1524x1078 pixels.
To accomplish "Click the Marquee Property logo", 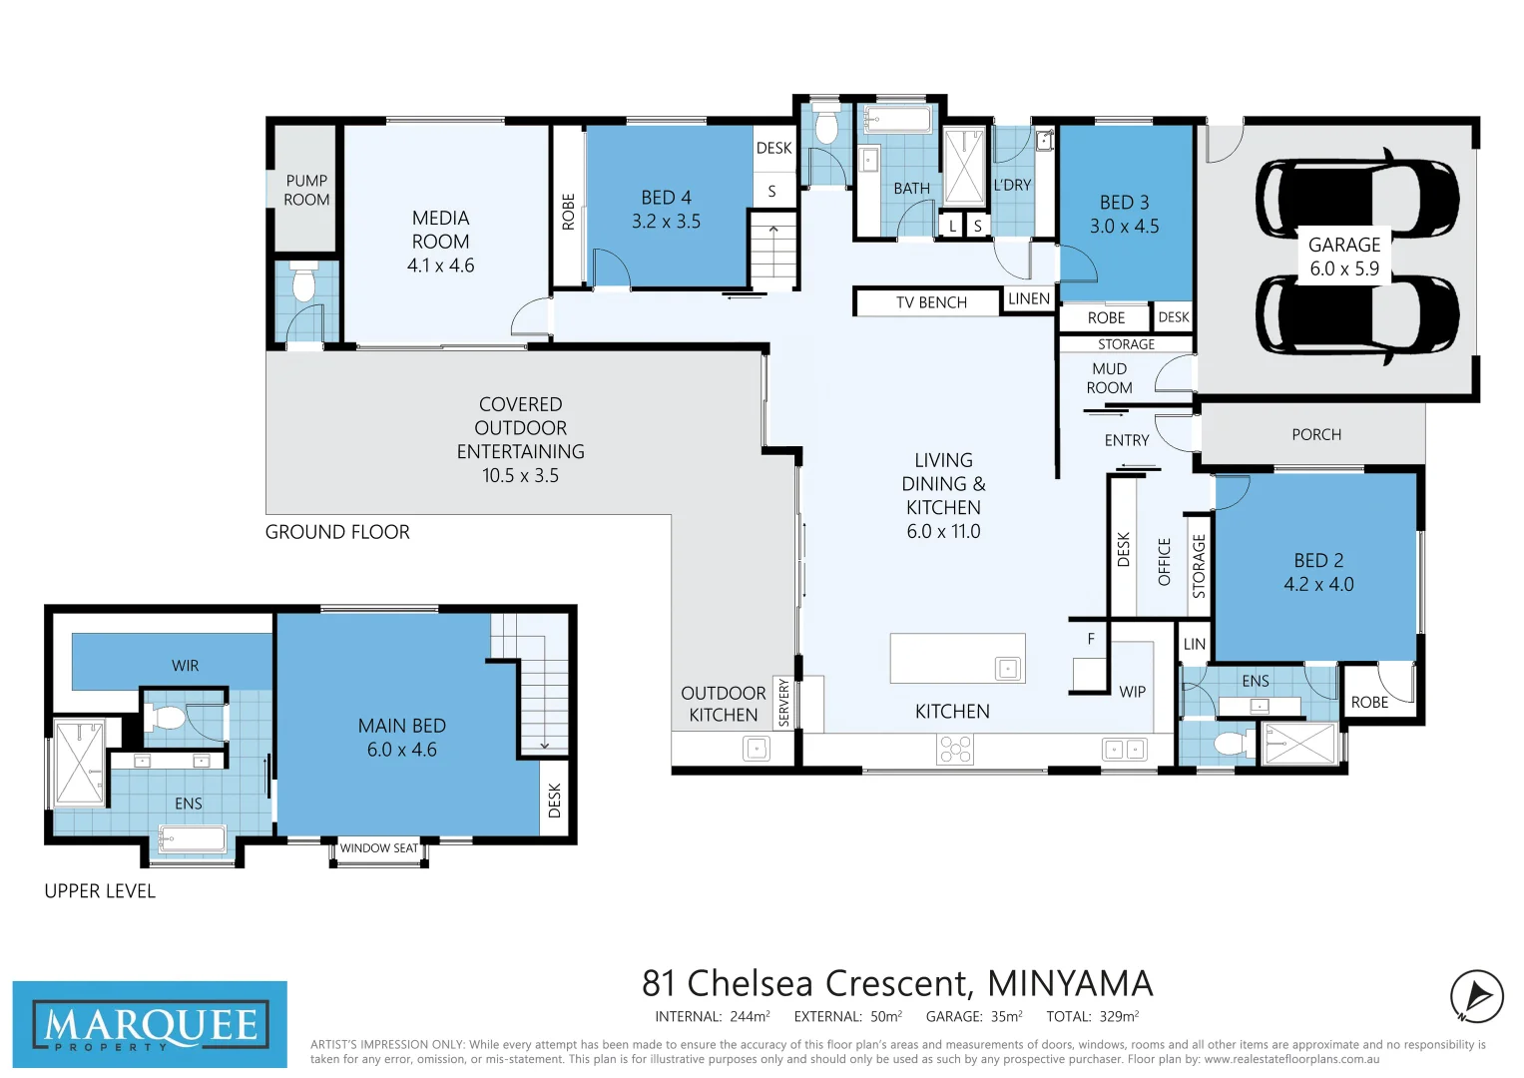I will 150,1025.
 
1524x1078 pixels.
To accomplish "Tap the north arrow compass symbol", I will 1476,996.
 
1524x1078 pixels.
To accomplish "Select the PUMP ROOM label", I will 306,190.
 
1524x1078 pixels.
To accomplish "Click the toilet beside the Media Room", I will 303,282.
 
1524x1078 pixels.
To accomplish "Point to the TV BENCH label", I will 930,302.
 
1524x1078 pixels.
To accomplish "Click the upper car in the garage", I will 1357,198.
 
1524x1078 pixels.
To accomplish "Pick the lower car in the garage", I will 1357,314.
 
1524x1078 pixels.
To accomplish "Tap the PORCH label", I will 1315,435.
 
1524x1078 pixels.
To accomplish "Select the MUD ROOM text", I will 1109,378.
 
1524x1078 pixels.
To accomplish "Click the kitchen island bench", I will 957,659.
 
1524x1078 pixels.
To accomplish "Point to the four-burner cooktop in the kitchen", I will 955,749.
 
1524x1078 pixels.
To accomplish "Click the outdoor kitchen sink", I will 757,749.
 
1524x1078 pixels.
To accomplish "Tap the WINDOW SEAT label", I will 379,848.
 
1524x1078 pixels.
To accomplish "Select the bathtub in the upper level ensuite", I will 193,838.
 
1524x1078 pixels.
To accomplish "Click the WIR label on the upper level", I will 186,666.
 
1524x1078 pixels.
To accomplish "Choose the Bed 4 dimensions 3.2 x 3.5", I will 666,222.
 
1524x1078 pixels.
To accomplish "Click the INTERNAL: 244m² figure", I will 712,1016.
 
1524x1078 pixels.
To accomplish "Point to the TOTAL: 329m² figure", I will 1092,1016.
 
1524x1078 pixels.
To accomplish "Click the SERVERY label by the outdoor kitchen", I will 784,703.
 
